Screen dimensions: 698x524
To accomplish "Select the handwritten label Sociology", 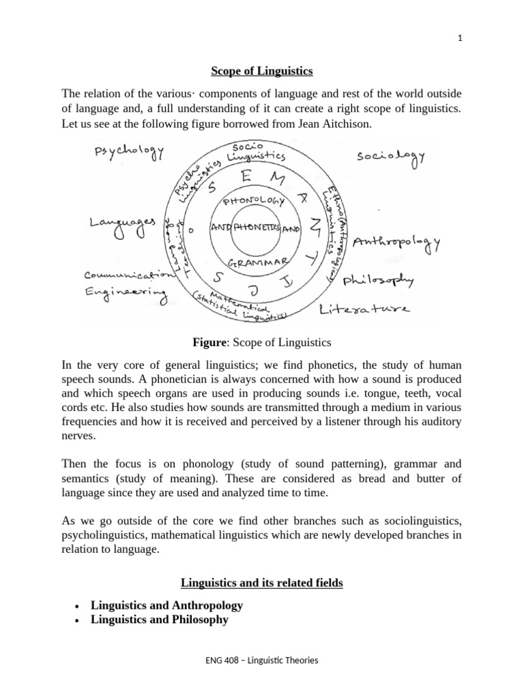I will [x=391, y=157].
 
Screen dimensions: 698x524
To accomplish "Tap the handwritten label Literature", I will [x=364, y=311].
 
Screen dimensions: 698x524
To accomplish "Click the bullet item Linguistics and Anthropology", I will [x=166, y=605].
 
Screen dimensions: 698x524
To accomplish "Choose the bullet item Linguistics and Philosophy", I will [x=159, y=620].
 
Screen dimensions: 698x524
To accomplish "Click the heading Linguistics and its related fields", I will [x=261, y=583].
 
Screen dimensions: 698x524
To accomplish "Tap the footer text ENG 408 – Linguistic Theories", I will [x=261, y=660].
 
